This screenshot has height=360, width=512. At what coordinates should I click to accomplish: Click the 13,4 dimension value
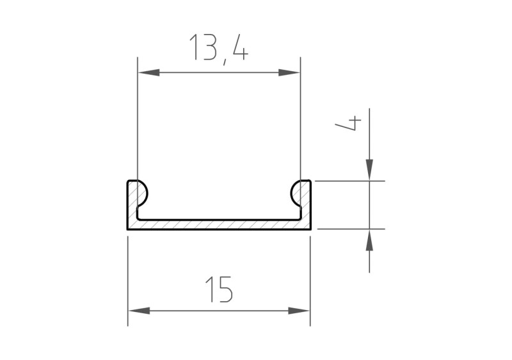coord(218,48)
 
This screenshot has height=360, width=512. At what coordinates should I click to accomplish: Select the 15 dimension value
coord(219,290)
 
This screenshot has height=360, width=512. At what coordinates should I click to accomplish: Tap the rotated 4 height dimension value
coord(349,124)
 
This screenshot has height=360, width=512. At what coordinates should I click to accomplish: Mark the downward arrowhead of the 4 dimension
coord(369,169)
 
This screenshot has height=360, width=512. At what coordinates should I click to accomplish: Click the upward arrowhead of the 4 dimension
coord(369,241)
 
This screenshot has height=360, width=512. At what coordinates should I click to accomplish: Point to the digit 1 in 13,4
coord(194,48)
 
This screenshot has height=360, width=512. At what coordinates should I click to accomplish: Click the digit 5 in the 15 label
coord(225,290)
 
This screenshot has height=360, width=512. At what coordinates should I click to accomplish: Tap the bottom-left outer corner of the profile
coord(128,229)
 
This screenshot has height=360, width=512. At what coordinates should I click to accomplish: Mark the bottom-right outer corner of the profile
coord(311,229)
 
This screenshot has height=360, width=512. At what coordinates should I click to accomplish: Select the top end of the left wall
coord(132,181)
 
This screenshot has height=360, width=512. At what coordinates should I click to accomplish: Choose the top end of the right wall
coord(307,181)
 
